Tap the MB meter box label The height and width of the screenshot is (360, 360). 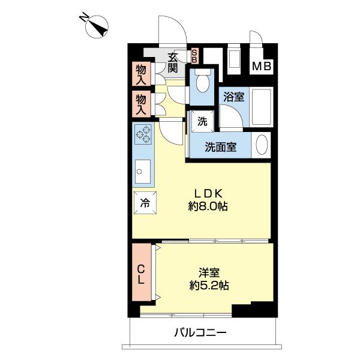260,67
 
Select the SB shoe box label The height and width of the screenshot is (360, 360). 194,56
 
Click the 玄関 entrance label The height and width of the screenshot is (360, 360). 173,62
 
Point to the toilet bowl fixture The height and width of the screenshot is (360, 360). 202,82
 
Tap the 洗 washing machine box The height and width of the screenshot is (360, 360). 202,121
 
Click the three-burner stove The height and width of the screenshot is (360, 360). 143,135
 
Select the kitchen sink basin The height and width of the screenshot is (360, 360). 143,174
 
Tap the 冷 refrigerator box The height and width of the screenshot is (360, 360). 145,203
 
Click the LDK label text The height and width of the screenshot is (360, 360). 208,193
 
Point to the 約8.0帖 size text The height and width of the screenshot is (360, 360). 208,207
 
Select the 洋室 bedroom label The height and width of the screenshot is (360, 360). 209,271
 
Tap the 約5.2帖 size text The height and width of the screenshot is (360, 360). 209,285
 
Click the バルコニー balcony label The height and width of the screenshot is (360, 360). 200,332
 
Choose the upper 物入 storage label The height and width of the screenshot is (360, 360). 142,74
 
